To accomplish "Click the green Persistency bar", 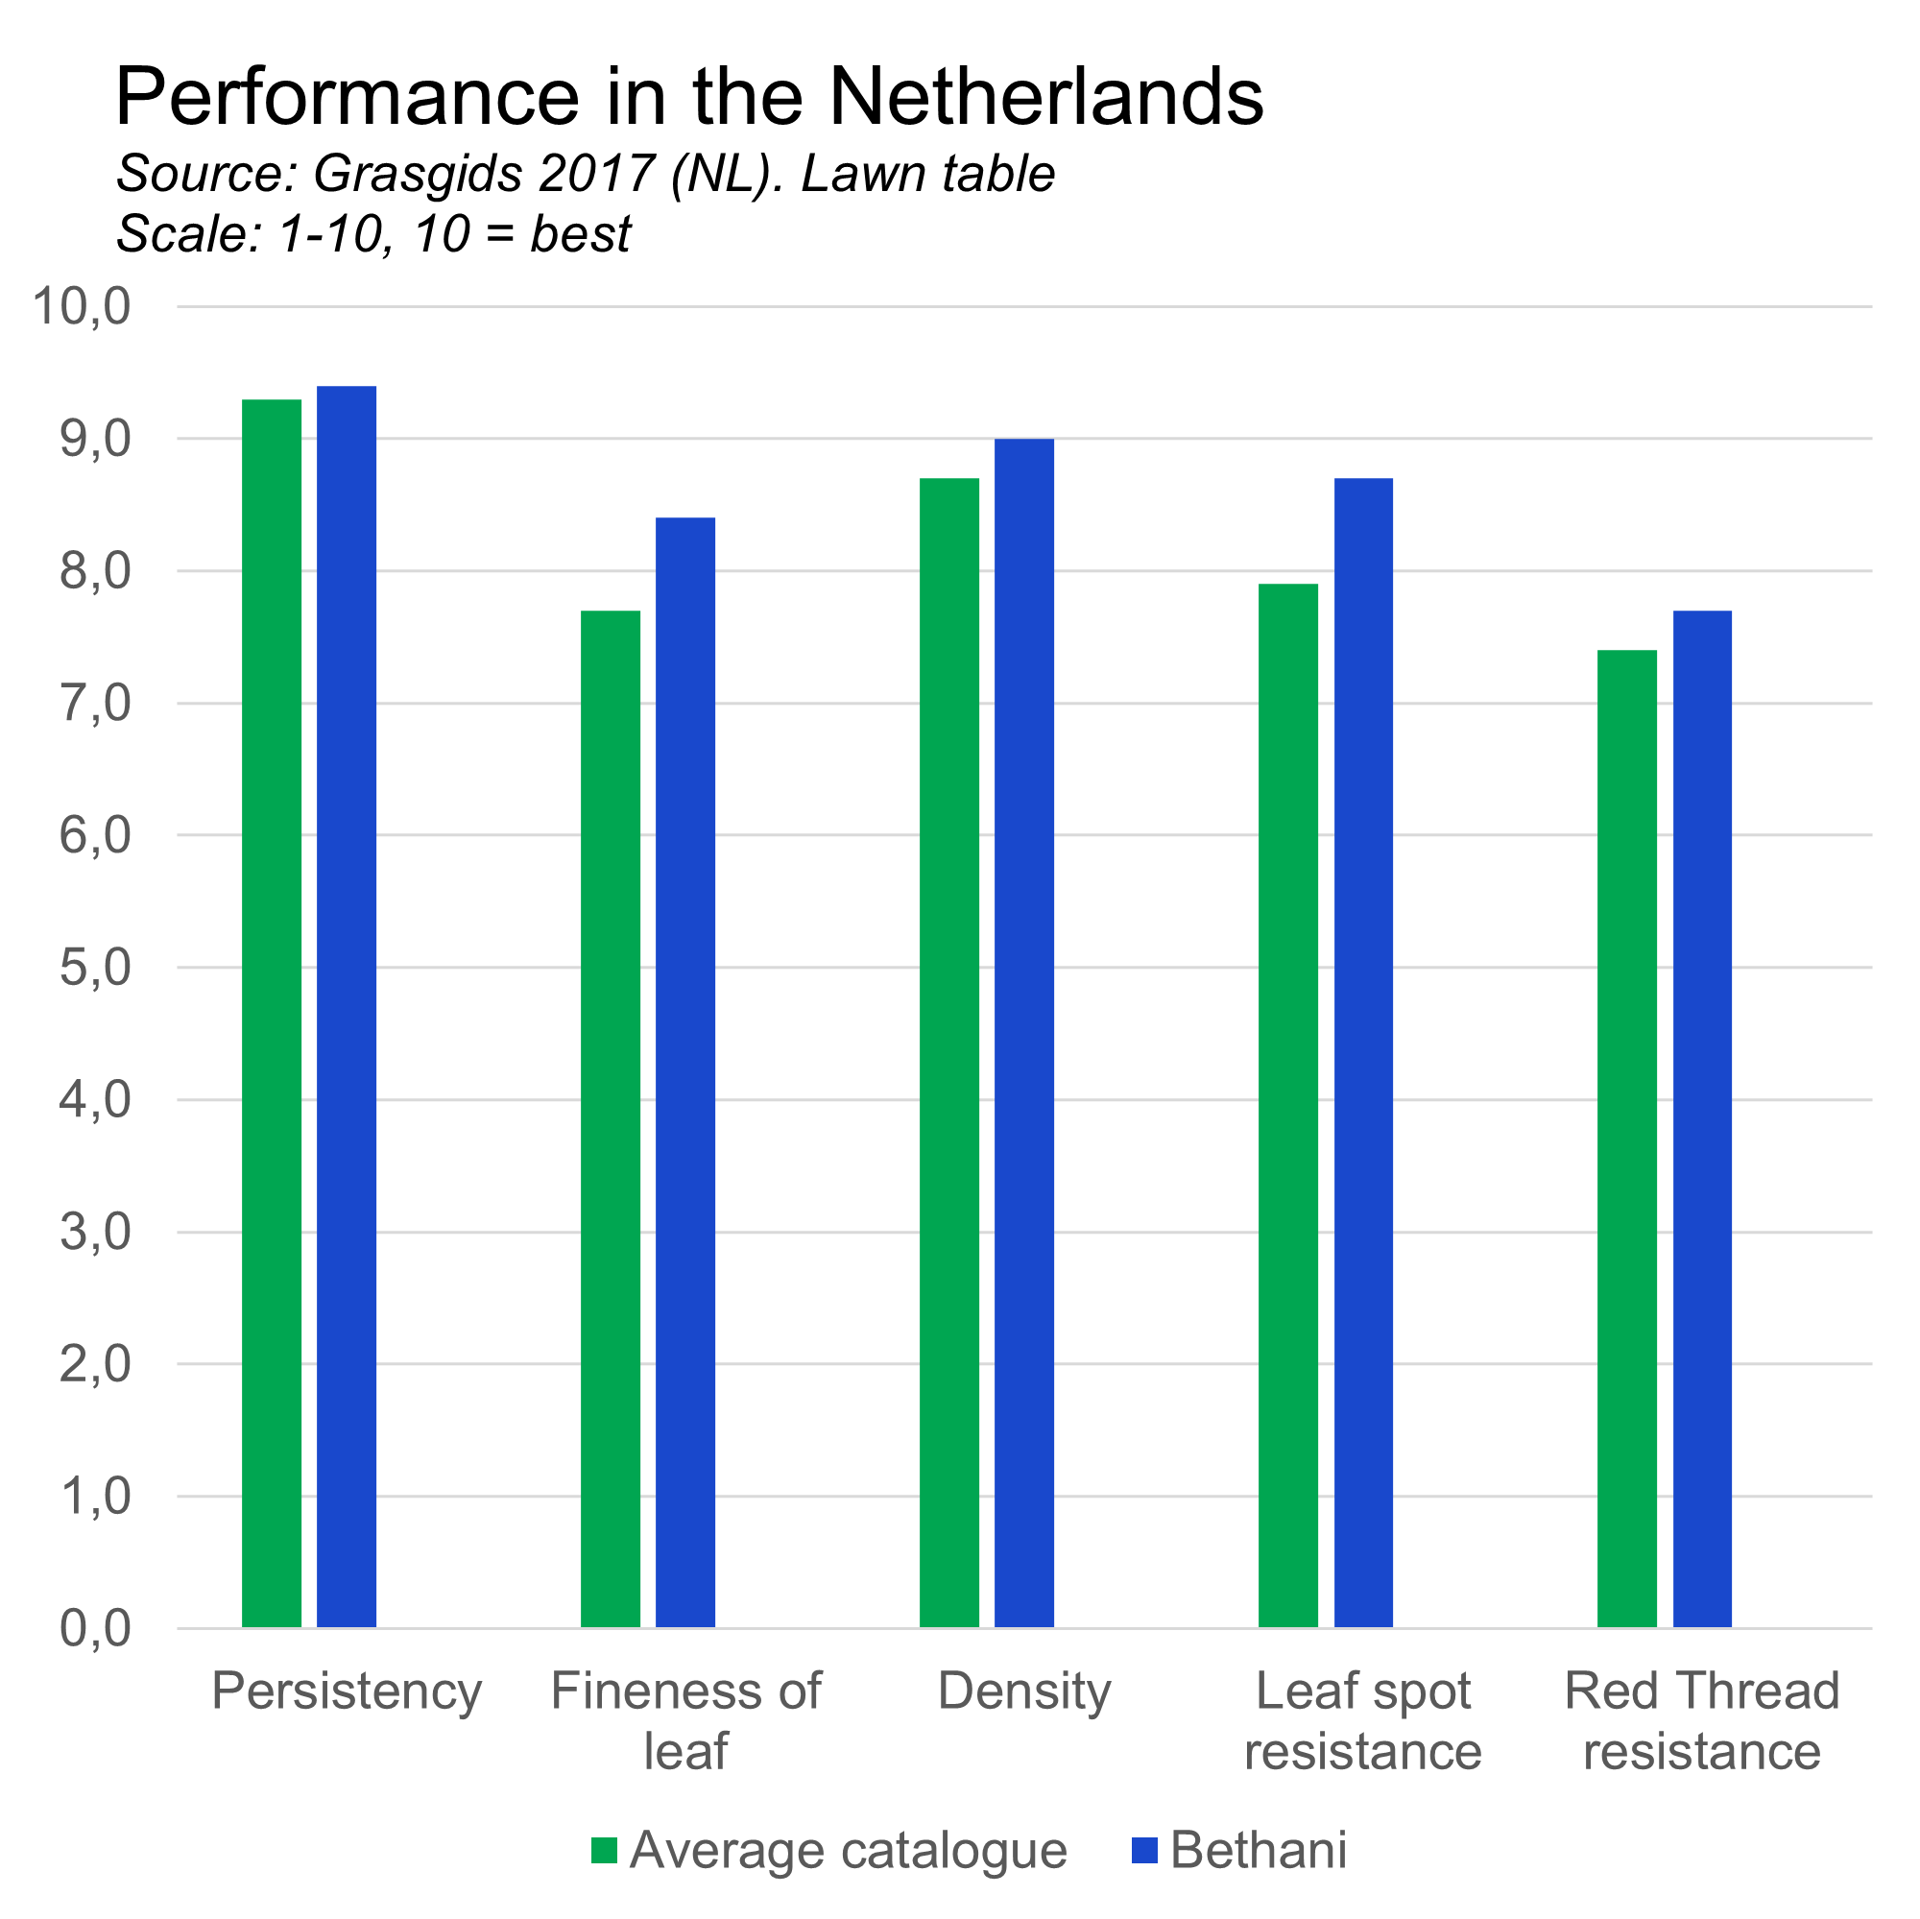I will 272,1013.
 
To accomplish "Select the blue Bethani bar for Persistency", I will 347,1006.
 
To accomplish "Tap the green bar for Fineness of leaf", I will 611,1118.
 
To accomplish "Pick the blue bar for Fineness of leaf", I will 685,1071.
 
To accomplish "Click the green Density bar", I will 949,1052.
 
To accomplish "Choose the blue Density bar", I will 1024,1033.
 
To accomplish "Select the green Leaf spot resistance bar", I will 1288,1105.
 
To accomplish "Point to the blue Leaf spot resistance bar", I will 1363,1052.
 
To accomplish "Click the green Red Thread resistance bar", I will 1627,1138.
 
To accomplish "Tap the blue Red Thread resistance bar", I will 1702,1118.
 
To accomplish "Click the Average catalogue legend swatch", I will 604,1851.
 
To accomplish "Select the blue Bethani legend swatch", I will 1145,1851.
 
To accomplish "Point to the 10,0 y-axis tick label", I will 82,306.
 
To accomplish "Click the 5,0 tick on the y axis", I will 95,967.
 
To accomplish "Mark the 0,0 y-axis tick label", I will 95,1628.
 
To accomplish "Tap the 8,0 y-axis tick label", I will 95,571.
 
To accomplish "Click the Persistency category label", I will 346,1691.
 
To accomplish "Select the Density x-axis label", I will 1023,1691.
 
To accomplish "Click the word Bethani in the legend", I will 1259,1851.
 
